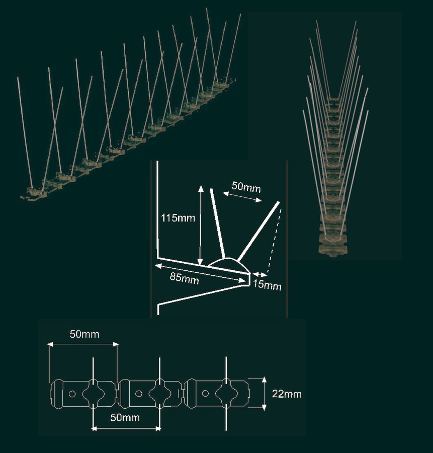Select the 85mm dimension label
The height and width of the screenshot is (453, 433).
coord(184,278)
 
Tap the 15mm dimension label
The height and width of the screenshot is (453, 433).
coord(266,286)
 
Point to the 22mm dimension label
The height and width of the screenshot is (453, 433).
coord(287,394)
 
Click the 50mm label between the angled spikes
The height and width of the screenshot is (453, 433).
coord(246,187)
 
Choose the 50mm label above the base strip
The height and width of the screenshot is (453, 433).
coord(84,334)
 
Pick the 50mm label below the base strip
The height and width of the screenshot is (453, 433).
coord(125,418)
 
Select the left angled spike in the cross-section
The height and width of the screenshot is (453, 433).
coord(217,221)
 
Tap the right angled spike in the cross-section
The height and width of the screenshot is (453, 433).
coord(257,229)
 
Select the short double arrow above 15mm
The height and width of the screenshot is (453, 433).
coord(259,274)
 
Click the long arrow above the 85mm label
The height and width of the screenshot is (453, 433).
coord(201,269)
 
